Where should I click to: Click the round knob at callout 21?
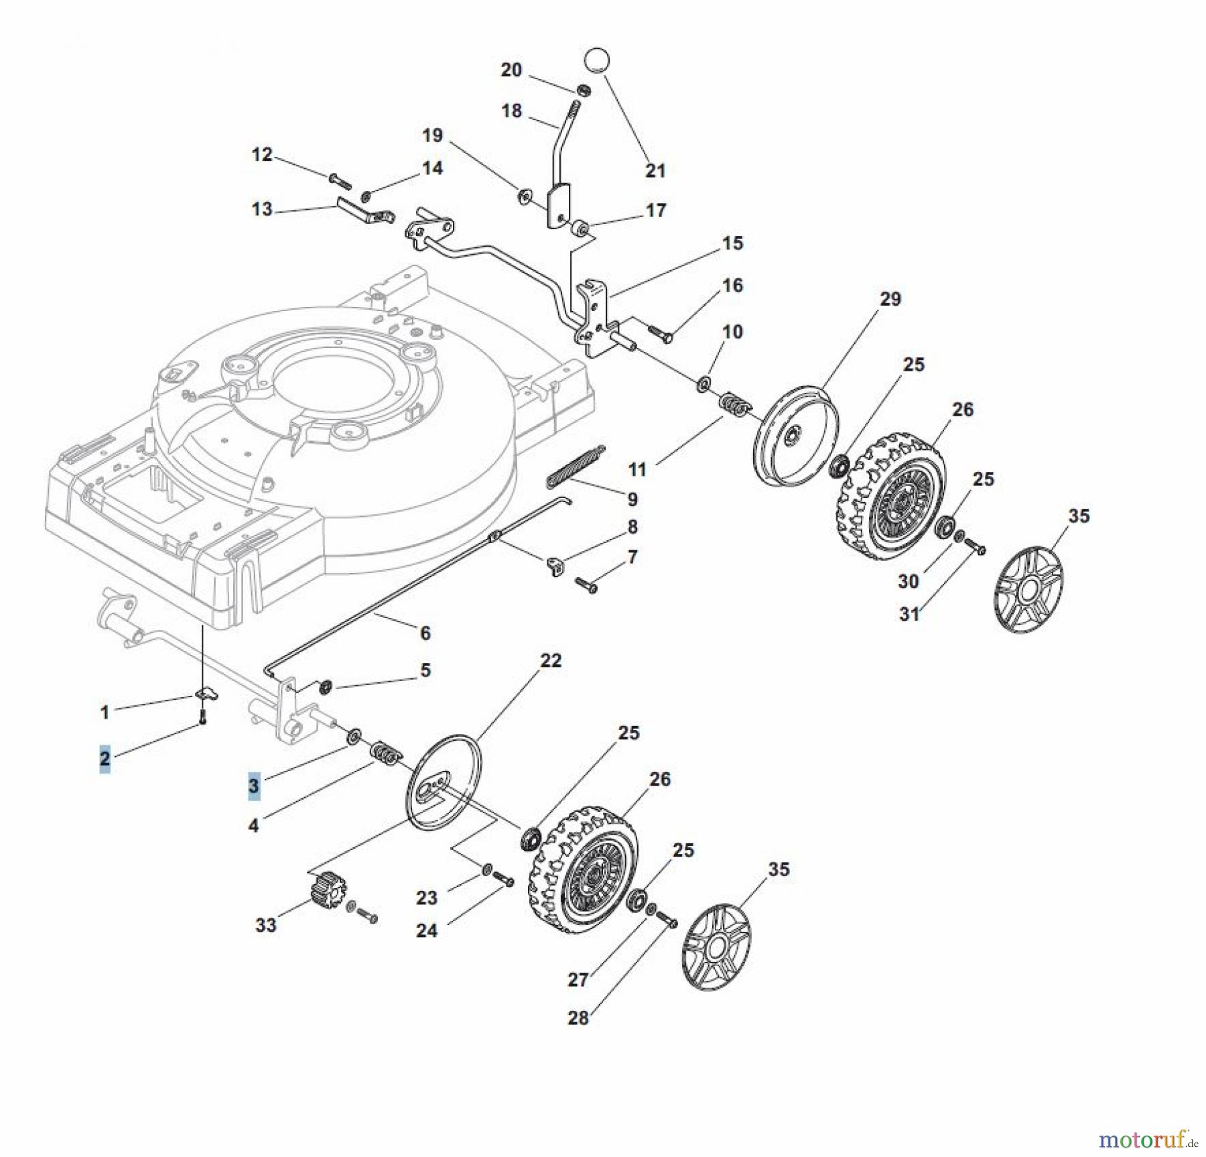tap(598, 60)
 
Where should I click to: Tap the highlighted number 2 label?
tap(105, 759)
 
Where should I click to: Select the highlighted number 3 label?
tap(253, 786)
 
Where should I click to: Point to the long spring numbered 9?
tap(576, 463)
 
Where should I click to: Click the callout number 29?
tap(890, 299)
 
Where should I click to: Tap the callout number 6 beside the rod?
tap(425, 632)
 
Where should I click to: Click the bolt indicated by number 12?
tap(339, 179)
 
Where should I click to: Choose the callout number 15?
tap(732, 243)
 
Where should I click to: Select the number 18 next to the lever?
tap(511, 111)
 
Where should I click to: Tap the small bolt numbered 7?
tap(586, 586)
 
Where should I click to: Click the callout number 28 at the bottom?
tap(578, 1018)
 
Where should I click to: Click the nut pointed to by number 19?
tap(524, 196)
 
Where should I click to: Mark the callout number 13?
tap(262, 209)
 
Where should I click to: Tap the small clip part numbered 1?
tap(208, 693)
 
